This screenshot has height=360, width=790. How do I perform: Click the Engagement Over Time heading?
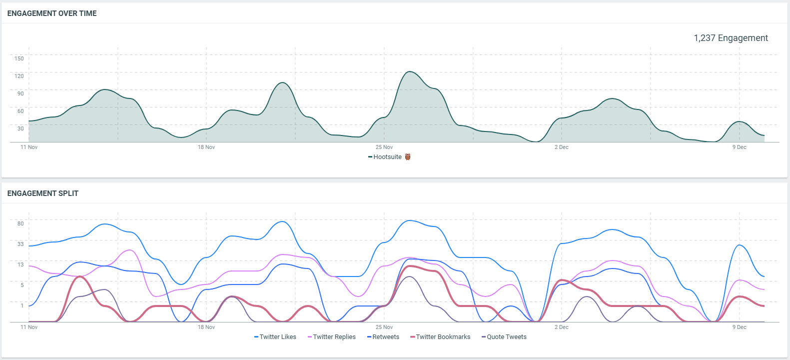pos(52,13)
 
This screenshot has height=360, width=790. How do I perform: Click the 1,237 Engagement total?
pos(731,38)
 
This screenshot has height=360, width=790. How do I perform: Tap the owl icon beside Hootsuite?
pos(408,157)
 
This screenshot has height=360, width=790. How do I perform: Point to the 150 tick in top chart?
pos(19,58)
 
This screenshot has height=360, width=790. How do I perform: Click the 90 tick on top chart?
pos(20,93)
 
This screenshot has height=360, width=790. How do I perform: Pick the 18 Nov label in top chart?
pos(206,147)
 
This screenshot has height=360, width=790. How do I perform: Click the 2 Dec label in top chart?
pos(562,147)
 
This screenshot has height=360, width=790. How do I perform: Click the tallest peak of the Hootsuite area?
pos(410,72)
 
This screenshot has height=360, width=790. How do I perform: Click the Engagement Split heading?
pos(43,193)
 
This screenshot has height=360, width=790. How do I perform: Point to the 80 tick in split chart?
pos(20,223)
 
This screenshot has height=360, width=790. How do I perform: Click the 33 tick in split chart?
pos(20,244)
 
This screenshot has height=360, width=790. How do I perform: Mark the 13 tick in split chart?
pos(20,264)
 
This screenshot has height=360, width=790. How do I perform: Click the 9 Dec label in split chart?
pos(740,327)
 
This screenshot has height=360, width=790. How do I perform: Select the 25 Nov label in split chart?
pos(384,327)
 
